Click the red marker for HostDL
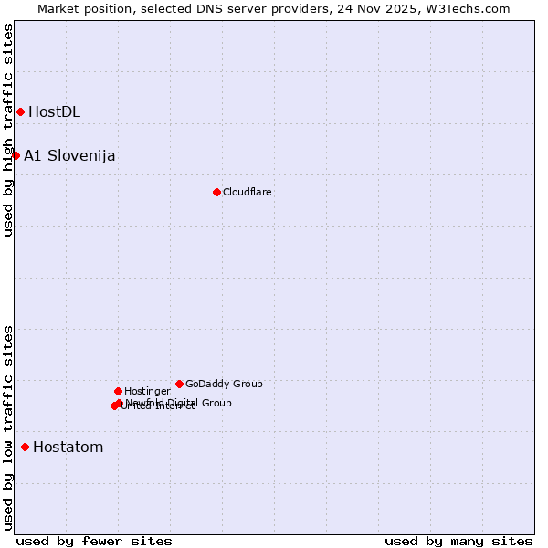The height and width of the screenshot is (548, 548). point(20,111)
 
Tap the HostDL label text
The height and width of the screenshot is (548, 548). point(54,112)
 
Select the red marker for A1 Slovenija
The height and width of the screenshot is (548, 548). point(16,155)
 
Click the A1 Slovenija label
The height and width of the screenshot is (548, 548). point(69,155)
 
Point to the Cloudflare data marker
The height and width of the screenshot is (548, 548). point(216,192)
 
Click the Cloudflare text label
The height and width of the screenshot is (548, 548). point(247,192)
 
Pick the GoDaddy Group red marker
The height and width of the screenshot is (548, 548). point(179,384)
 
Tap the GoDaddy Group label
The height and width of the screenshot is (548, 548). point(224,384)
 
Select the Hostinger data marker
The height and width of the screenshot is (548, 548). point(118,391)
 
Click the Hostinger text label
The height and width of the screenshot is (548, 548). point(147,391)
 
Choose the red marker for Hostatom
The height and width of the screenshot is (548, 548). point(25,447)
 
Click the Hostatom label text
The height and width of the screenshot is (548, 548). point(68,448)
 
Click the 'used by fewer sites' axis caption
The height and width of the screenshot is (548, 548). point(94,541)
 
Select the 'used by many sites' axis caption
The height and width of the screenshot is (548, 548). point(458,541)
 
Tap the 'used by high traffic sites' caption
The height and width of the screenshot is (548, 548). point(9,130)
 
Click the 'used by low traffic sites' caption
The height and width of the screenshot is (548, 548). point(9,427)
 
